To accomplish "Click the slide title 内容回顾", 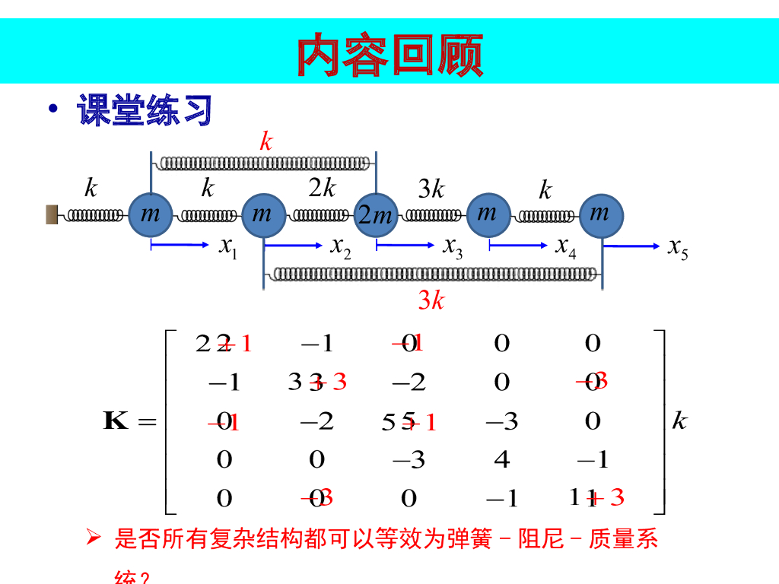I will [x=389, y=55].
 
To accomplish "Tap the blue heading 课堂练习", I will [x=144, y=111].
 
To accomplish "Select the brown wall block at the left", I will [x=52, y=215].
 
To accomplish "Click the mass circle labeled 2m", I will [x=376, y=215].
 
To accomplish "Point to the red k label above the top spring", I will [x=265, y=141].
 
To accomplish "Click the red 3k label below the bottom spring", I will [x=431, y=301].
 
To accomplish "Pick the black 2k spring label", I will [x=323, y=188].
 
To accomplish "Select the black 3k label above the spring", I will [x=431, y=188].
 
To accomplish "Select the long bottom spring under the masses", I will [x=434, y=273].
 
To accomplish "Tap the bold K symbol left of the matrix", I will [x=116, y=421].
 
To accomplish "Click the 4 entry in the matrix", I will [x=501, y=459].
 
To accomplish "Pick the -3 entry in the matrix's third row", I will [x=501, y=421].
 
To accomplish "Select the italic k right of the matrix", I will [x=679, y=421].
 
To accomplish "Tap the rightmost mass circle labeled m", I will [x=601, y=215].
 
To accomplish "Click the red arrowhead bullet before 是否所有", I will [x=94, y=539].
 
